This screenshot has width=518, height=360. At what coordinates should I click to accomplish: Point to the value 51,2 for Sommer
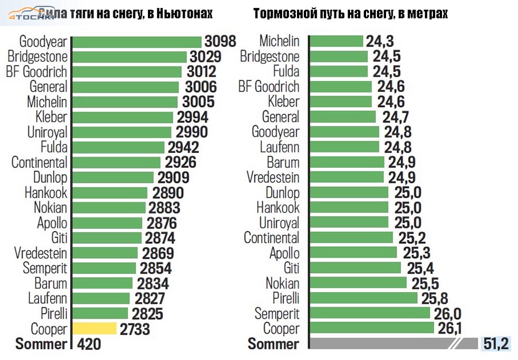click(496, 344)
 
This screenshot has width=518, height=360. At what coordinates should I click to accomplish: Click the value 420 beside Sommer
click(89, 344)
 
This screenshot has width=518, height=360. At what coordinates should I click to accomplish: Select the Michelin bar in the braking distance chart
click(336, 41)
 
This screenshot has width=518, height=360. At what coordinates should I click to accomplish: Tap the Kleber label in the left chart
click(51, 117)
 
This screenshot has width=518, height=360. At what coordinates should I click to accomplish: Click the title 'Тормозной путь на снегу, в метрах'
click(350, 13)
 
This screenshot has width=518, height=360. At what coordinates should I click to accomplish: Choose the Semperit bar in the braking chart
click(369, 313)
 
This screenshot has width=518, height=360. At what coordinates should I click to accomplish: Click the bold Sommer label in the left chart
click(41, 344)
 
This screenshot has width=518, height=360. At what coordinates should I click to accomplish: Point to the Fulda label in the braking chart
click(283, 72)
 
